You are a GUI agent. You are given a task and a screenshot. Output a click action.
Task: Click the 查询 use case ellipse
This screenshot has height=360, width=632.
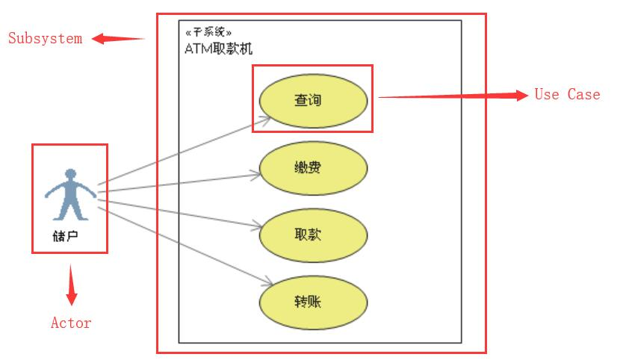point(313,99)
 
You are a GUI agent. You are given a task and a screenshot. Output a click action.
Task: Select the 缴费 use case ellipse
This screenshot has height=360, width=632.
point(313,167)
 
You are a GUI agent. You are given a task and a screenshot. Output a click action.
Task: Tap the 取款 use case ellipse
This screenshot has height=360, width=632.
point(313,235)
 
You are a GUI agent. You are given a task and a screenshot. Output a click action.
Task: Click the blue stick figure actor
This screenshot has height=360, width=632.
point(70,195)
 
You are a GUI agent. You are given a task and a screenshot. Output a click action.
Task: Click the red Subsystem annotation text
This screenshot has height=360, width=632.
point(45,39)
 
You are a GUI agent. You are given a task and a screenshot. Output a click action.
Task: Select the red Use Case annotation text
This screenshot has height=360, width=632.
point(567,95)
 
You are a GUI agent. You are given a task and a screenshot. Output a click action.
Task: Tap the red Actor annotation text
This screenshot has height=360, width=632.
point(71,323)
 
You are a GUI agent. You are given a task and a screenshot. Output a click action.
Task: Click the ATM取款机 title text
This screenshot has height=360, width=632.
point(218,49)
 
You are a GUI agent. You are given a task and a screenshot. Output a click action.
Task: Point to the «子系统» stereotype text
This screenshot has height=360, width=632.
point(208,33)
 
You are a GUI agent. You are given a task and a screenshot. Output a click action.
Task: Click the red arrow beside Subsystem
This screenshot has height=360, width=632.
point(118,39)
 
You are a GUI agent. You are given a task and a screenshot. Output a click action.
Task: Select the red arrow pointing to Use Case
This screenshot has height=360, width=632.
point(453,96)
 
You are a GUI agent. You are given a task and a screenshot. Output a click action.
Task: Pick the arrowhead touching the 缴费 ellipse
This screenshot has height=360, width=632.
point(256,175)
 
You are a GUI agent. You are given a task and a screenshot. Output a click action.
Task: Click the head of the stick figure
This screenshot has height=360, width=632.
point(70,174)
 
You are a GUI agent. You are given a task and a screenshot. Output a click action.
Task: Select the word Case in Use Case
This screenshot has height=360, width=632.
point(583,95)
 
